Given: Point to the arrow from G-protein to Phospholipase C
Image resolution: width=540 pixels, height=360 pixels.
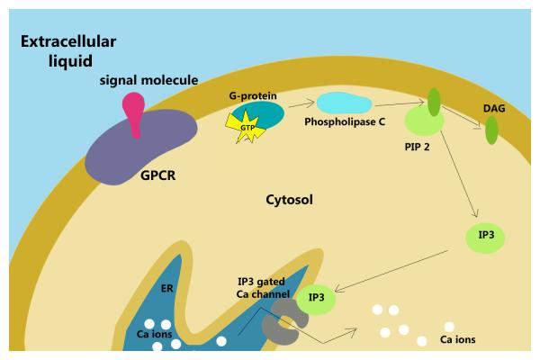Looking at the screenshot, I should point(301,103).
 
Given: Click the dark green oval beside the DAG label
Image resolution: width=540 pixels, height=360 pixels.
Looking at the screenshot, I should point(491,130).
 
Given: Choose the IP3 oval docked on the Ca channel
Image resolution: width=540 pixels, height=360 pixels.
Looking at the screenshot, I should point(316,297).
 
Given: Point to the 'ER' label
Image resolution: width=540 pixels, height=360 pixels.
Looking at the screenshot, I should point(166,290).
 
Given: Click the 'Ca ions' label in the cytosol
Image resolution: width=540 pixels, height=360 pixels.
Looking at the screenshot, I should point(456,340).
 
